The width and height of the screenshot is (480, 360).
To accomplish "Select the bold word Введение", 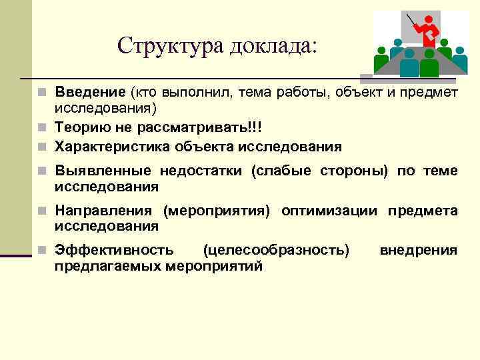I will [x=90, y=92].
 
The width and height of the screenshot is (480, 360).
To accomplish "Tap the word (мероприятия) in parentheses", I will [x=217, y=211].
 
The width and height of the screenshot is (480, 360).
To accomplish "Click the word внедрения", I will [x=418, y=251].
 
